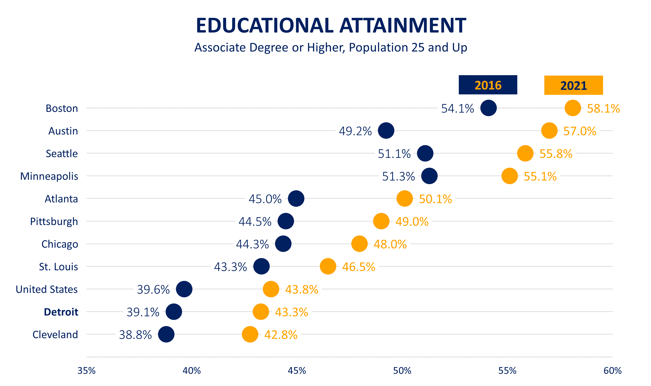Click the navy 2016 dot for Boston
488,108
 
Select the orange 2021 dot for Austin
549,130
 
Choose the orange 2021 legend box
573,85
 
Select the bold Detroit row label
61,312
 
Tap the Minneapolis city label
49,176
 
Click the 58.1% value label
603,109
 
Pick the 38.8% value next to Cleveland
135,335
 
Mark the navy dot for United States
184,289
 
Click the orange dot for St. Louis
328,266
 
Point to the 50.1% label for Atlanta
435,199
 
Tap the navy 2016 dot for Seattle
425,153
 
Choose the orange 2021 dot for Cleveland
250,334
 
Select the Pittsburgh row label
54,221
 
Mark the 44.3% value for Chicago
252,244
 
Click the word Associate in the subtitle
220,48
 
